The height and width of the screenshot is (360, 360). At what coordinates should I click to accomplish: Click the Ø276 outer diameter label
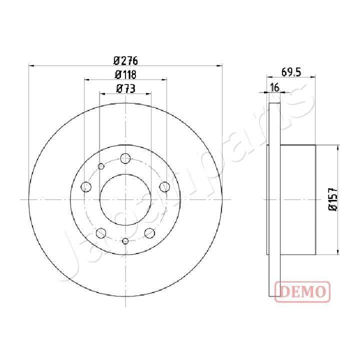125,61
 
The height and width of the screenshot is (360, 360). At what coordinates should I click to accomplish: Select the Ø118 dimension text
125,75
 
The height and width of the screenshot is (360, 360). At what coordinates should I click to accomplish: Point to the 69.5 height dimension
291,72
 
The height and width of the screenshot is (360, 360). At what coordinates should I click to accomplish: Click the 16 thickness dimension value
274,88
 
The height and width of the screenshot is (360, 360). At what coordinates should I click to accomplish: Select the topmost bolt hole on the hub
125,158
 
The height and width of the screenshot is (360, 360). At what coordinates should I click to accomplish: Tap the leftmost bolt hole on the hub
86,187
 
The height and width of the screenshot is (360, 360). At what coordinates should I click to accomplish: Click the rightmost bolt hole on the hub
164,187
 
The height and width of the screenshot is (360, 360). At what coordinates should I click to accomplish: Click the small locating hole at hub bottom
125,241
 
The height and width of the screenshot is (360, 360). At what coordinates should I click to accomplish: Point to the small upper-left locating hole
101,166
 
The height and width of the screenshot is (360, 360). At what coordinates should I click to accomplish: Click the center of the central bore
125,199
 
